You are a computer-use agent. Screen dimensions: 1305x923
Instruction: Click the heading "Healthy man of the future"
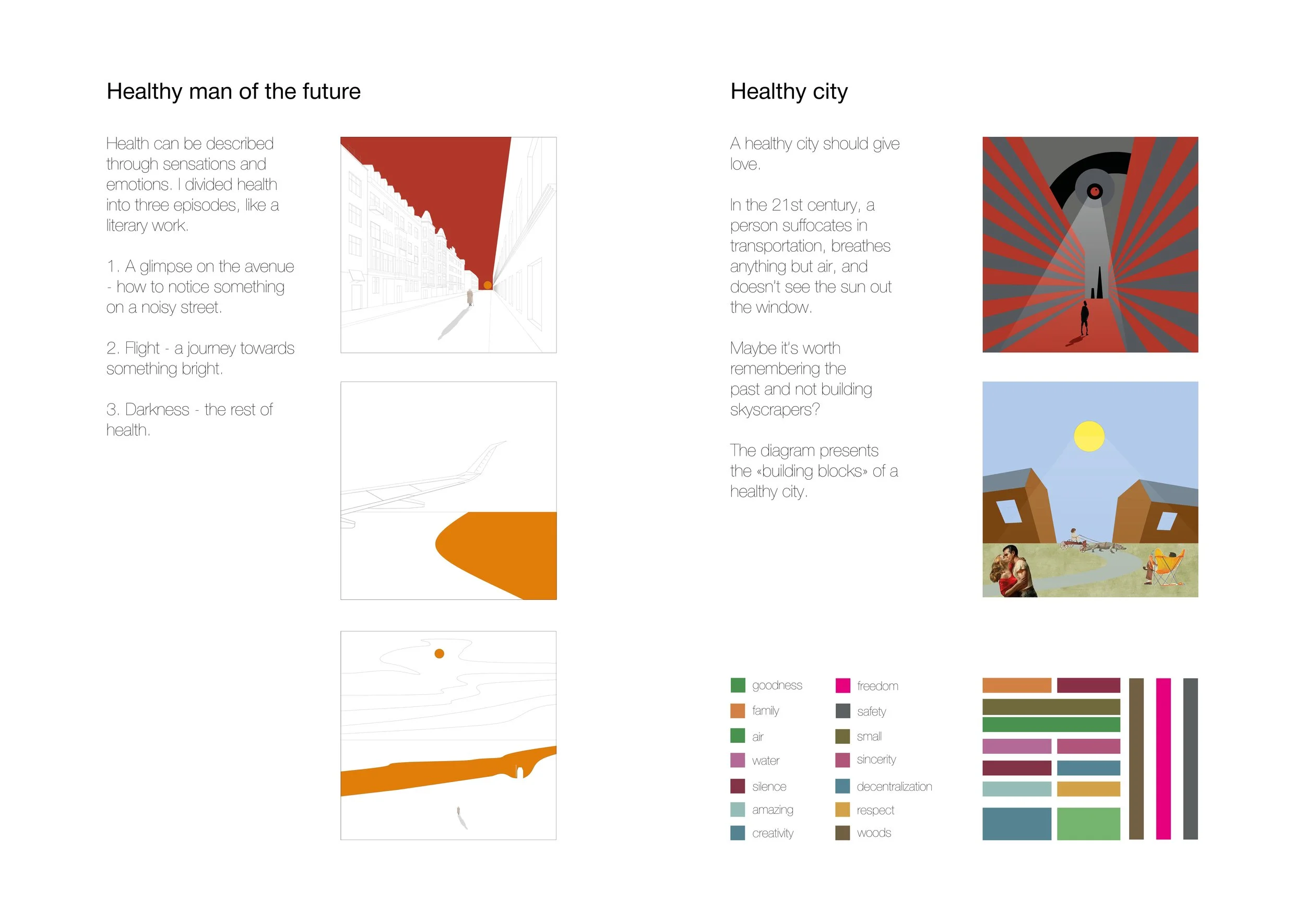tap(234, 91)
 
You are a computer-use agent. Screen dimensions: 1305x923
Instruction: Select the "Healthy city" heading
tap(789, 91)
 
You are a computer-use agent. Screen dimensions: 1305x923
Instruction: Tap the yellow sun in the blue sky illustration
tap(1089, 436)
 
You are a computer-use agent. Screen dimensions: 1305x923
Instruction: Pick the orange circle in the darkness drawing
tap(440, 654)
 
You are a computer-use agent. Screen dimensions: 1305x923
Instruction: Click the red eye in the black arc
tap(1095, 192)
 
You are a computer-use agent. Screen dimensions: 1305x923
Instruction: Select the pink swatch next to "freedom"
tap(843, 685)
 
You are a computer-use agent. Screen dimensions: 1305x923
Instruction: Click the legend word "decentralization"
tap(895, 787)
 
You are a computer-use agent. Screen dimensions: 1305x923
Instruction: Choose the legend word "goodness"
tap(777, 685)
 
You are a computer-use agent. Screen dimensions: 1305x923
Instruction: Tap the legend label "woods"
tap(874, 833)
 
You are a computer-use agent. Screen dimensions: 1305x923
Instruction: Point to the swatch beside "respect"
tap(843, 809)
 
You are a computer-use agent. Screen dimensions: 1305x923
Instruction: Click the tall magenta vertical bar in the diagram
tap(1164, 759)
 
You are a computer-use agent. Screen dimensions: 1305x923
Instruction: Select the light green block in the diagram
tap(1088, 823)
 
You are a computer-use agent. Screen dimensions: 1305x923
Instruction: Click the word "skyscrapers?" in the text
tap(775, 410)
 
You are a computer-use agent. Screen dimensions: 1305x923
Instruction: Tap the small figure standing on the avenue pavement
tap(469, 297)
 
